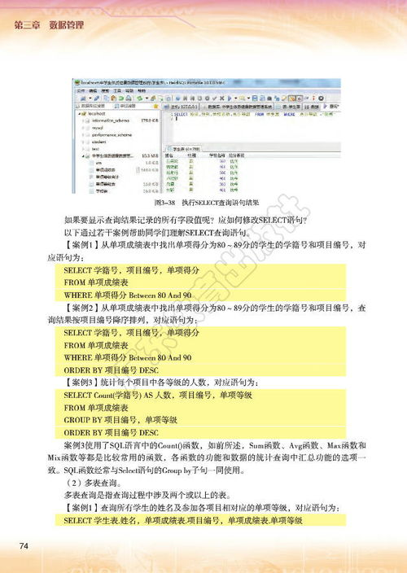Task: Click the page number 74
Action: [x=24, y=545]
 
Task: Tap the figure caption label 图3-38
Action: [x=165, y=201]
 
